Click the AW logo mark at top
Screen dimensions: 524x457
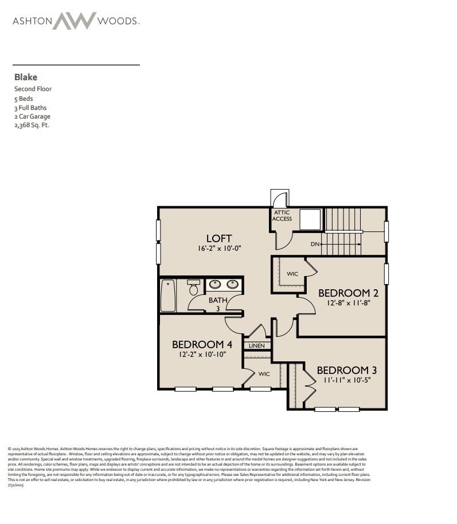pyautogui.click(x=75, y=21)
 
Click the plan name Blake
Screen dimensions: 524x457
pyautogui.click(x=25, y=77)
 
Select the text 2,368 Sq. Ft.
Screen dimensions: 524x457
pyautogui.click(x=32, y=125)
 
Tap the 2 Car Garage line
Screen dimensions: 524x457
pyautogui.click(x=32, y=116)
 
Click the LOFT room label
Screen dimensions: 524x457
pyautogui.click(x=219, y=238)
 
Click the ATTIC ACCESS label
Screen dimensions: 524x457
pyautogui.click(x=282, y=216)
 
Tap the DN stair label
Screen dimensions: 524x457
pyautogui.click(x=315, y=245)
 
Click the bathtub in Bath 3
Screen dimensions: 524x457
pyautogui.click(x=168, y=296)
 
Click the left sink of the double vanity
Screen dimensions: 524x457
pyautogui.click(x=214, y=284)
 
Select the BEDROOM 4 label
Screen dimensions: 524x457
pyautogui.click(x=202, y=344)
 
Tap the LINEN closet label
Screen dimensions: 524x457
pyautogui.click(x=256, y=346)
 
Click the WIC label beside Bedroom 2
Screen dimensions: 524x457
pyautogui.click(x=292, y=274)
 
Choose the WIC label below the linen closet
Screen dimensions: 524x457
pyautogui.click(x=264, y=374)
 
